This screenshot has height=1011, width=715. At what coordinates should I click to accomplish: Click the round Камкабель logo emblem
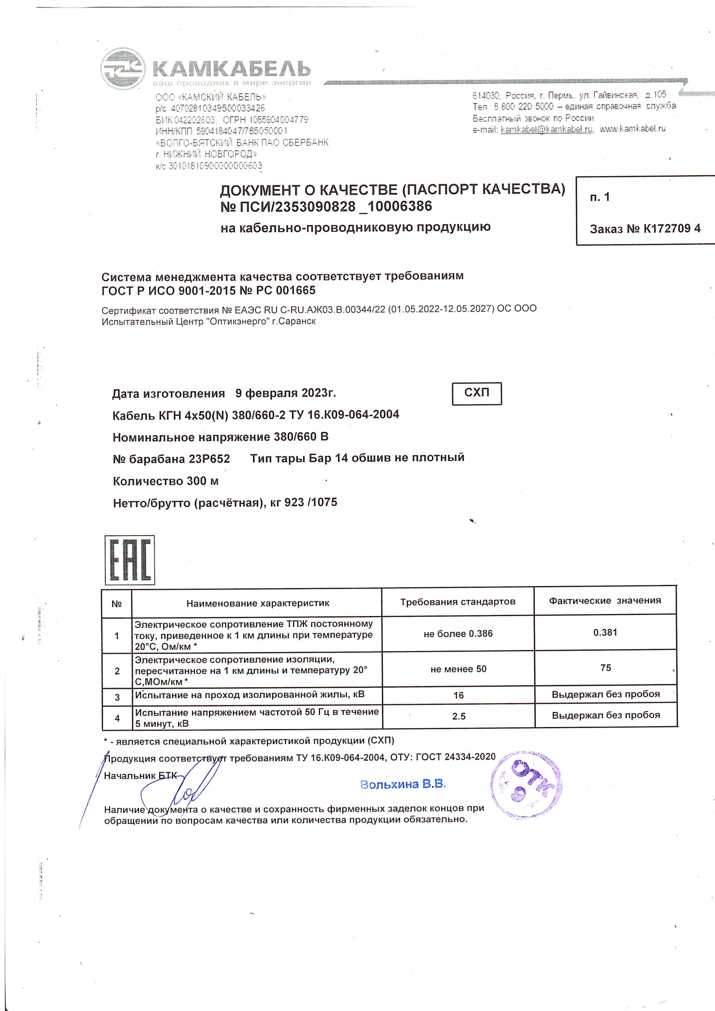click(122, 69)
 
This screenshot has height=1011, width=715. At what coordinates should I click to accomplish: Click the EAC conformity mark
click(130, 560)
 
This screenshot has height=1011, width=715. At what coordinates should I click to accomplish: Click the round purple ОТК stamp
click(526, 785)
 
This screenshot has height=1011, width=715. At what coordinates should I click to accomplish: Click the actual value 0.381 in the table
click(605, 632)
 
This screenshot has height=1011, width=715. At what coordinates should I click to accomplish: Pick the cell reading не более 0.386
click(458, 633)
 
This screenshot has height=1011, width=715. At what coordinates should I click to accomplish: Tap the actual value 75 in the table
click(605, 667)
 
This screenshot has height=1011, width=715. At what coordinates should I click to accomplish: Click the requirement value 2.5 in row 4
click(459, 716)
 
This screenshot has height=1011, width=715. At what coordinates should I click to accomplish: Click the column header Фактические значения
click(604, 601)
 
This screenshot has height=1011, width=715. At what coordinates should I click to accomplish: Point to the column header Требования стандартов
click(458, 601)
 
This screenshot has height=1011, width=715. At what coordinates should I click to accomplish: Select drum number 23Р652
click(209, 459)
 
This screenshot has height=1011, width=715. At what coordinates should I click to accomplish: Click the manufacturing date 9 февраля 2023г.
click(286, 393)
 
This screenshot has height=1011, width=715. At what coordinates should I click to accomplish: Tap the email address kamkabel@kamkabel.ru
click(547, 130)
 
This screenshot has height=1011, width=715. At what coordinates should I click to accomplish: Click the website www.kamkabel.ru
click(632, 129)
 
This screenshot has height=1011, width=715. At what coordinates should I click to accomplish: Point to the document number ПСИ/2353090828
click(297, 207)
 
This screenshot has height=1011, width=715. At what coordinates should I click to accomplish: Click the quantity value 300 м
click(202, 481)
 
